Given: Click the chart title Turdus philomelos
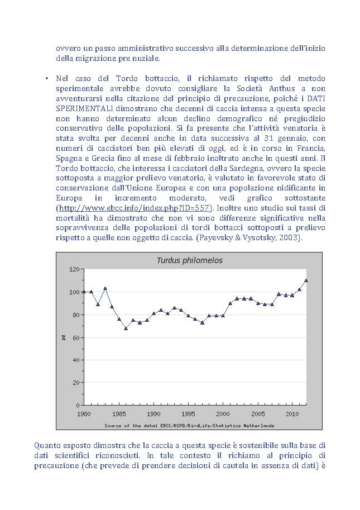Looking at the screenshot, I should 189,260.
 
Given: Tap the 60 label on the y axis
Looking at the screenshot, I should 74,337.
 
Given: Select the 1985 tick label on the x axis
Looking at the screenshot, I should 118,414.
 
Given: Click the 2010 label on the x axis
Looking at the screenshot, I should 292,414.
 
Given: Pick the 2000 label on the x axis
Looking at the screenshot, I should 223,414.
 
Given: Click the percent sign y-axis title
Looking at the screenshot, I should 64,337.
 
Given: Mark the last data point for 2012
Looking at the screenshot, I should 306,280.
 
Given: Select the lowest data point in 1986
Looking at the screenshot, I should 126,328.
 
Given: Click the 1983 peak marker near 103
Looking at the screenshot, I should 105,288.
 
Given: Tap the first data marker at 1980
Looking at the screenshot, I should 84,292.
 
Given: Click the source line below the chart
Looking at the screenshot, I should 189,426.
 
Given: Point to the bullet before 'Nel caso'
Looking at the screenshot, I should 47,78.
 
